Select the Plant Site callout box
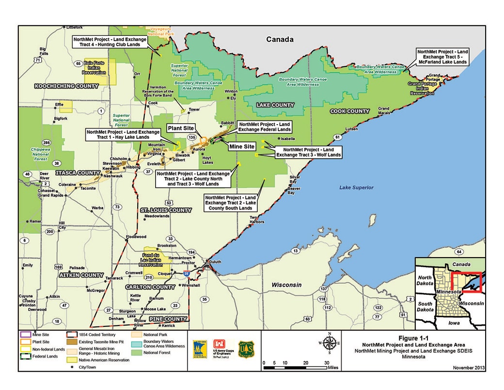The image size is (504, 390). (x=181, y=128)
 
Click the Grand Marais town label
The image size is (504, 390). (x=384, y=111)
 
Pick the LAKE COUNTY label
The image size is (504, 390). (x=275, y=105)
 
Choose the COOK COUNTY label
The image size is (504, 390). (x=349, y=111)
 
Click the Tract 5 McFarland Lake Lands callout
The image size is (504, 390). (x=442, y=57)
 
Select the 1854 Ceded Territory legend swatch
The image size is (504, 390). (x=73, y=334)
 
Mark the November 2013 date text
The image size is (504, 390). (x=469, y=367)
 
